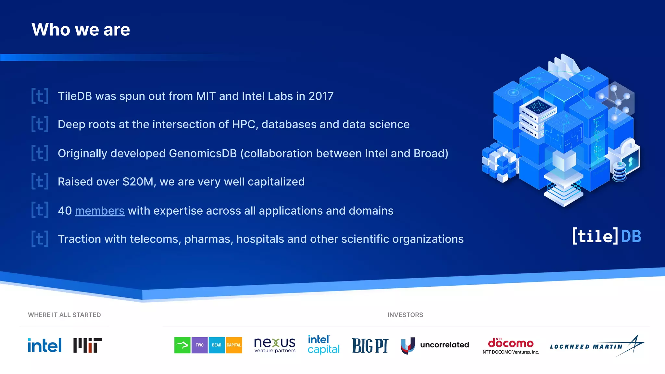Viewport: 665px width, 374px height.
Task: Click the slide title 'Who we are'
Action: tap(81, 30)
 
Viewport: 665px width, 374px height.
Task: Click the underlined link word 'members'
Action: tap(100, 211)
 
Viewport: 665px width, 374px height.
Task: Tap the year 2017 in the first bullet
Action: tap(321, 96)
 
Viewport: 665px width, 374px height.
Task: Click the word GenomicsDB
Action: tap(203, 154)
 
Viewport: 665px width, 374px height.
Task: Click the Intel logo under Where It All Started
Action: tap(44, 345)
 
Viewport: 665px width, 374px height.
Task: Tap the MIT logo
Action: tap(87, 345)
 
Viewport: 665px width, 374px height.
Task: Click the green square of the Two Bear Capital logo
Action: tap(182, 345)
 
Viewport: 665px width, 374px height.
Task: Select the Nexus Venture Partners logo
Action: tap(275, 345)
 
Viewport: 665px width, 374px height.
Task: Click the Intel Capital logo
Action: tap(323, 344)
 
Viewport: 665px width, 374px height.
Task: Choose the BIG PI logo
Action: tap(370, 345)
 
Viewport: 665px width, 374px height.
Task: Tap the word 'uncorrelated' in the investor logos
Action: tap(444, 345)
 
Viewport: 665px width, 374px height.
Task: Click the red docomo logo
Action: tap(510, 343)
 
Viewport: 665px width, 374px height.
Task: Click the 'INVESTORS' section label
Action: tap(405, 315)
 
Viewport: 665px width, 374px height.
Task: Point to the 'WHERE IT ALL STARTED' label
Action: tap(64, 315)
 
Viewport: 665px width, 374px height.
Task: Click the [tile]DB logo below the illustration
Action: tap(607, 236)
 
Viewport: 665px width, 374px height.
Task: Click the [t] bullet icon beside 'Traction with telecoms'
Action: tap(40, 239)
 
